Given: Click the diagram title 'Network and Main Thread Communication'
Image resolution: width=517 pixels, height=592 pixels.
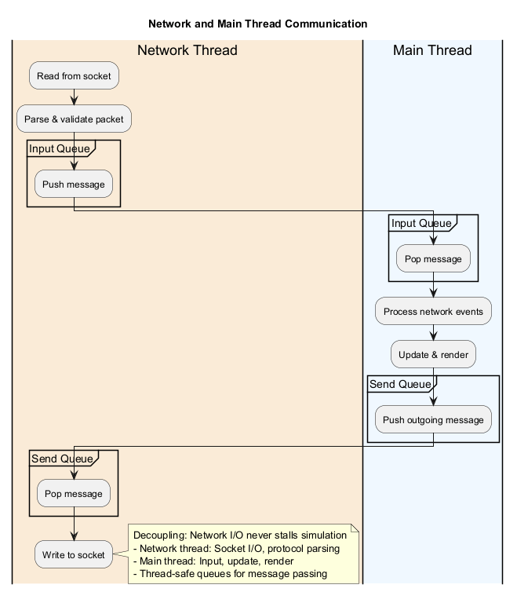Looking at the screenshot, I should pos(257,24).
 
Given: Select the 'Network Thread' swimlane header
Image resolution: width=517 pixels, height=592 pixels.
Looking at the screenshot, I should pos(187,51).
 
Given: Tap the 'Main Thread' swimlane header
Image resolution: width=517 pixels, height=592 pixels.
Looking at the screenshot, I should pos(432,51).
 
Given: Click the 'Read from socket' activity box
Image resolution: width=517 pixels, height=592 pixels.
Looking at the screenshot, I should pos(74,76).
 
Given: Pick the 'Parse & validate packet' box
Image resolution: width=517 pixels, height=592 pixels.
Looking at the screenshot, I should pos(74,119).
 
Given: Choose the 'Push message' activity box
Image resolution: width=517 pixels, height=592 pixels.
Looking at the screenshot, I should pos(74,184).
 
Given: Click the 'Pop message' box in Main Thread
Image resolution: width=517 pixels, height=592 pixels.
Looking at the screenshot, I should pos(433,258).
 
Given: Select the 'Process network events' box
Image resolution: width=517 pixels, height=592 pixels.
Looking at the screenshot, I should pos(433,312).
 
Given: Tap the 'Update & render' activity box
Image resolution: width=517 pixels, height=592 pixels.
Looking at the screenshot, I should pos(433,354).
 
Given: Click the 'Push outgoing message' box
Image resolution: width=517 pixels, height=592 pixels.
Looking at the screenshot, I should pos(433,419).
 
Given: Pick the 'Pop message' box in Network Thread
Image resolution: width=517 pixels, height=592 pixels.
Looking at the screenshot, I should pos(73,494).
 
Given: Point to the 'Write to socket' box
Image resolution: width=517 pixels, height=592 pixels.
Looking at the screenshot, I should pos(74,554).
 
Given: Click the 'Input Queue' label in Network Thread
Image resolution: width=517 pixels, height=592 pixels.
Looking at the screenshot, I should pos(59,149).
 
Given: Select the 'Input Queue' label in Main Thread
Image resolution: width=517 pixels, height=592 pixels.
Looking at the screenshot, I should pos(421,223).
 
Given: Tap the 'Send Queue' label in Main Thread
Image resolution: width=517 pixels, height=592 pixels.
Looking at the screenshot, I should pos(400,384).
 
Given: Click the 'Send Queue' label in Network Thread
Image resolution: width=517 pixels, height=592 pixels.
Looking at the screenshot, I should pos(62,459).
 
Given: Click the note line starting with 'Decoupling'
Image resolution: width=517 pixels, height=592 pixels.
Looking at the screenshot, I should pos(239,535).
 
